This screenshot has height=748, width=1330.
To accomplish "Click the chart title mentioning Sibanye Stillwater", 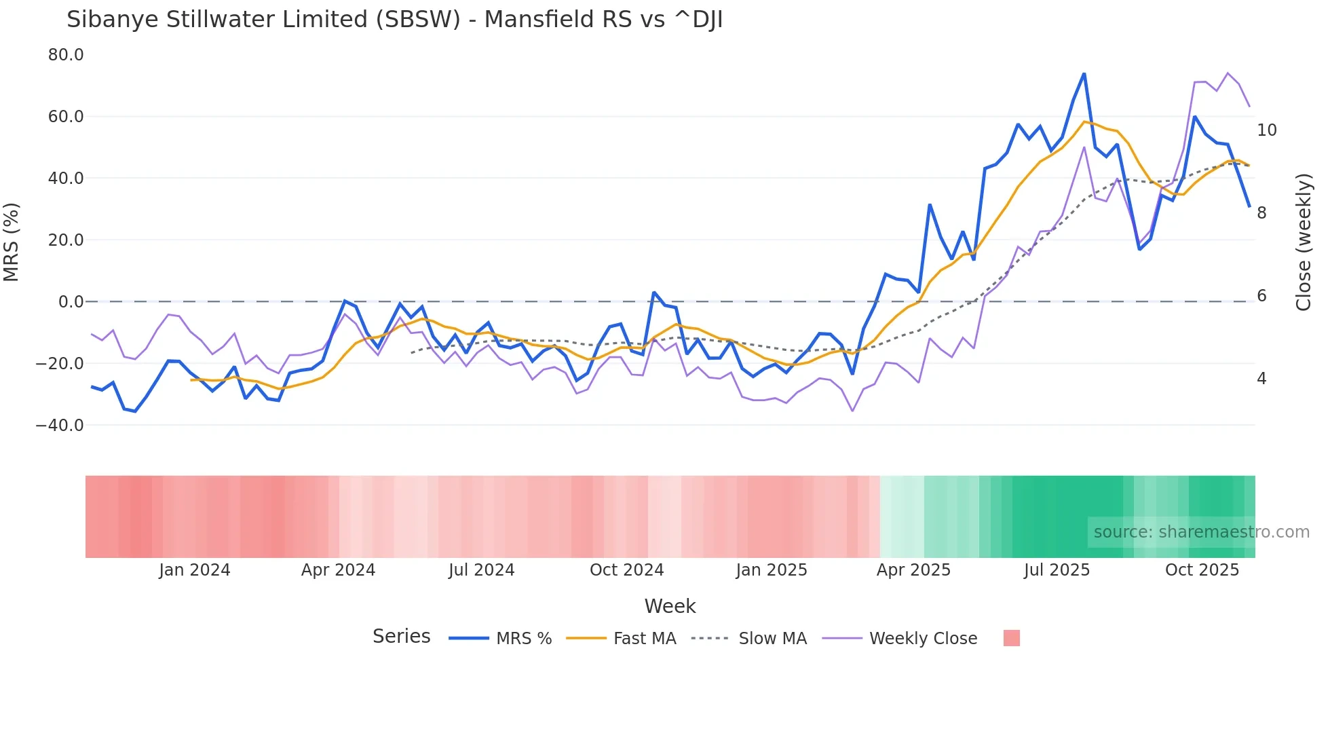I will tap(394, 20).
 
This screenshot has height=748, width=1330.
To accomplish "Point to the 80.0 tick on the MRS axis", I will tap(66, 55).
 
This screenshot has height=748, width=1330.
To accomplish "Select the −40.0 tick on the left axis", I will tap(60, 426).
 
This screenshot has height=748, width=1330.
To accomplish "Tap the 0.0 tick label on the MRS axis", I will tap(71, 302).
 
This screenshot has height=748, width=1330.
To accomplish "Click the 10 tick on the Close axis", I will tap(1266, 130).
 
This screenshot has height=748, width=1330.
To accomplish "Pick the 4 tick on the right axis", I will tap(1261, 379).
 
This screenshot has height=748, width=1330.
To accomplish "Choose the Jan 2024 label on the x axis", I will tap(195, 570).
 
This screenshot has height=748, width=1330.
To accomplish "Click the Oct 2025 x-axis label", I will tap(1202, 570).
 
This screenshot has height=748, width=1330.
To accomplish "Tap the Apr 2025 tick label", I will tap(913, 570).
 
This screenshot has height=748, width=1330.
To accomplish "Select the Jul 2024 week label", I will tap(481, 570).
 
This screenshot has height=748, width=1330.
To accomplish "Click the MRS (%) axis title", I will tap(12, 242).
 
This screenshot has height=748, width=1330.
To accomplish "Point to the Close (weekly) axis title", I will tap(1303, 242).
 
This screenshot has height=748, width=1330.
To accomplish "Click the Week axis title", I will tap(670, 606).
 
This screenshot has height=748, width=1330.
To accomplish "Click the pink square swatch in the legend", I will tap(1011, 639).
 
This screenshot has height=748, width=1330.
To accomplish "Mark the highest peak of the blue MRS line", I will tap(1084, 73).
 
